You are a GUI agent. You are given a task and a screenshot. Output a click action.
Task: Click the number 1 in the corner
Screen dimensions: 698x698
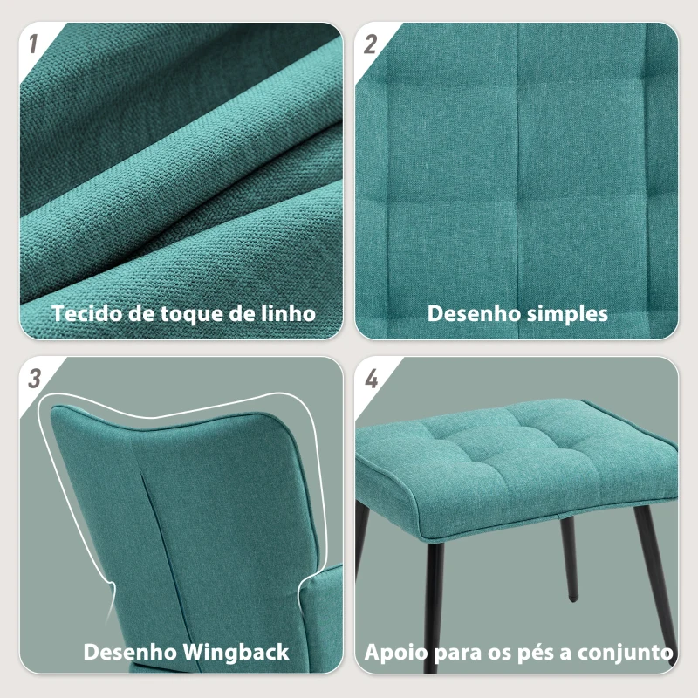tap(33, 44)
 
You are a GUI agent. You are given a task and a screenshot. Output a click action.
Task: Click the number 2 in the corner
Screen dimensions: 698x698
tap(370, 44)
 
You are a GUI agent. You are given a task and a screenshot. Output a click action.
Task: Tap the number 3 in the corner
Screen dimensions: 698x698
tap(35, 379)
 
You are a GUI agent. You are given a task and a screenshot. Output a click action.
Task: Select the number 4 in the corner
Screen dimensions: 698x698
tap(372, 379)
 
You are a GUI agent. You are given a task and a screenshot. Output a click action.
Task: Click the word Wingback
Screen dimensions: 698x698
tap(236, 653)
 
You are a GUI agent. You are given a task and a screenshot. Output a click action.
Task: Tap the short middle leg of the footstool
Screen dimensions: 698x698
tap(569, 558)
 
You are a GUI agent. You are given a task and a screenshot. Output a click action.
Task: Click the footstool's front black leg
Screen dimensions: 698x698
tap(433, 606)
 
